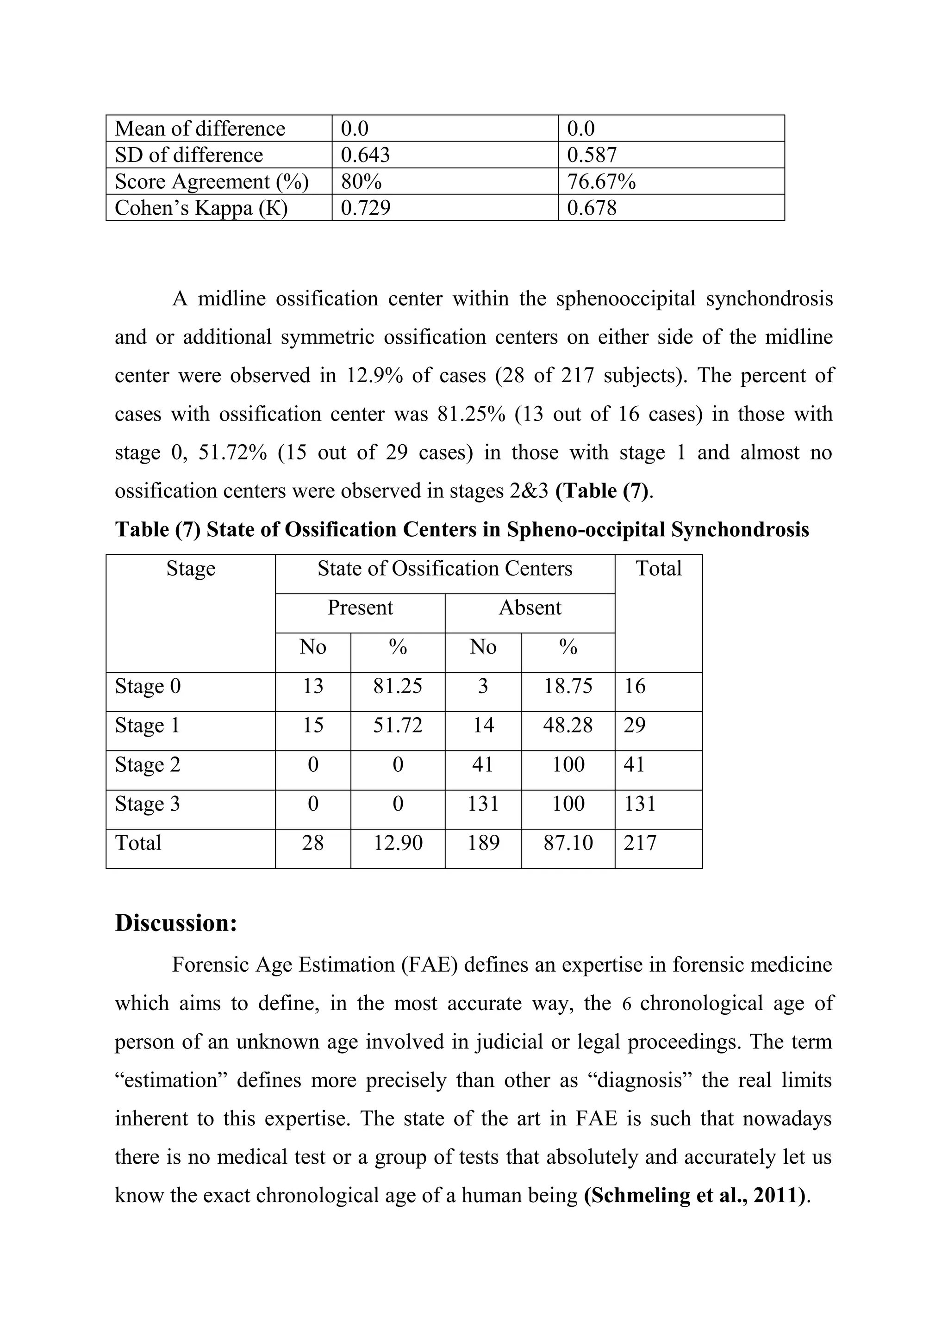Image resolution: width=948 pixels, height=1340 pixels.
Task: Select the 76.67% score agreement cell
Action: (x=601, y=181)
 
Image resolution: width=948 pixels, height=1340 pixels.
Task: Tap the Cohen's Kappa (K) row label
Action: (x=201, y=208)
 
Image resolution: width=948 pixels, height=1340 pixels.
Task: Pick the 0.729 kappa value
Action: (x=365, y=208)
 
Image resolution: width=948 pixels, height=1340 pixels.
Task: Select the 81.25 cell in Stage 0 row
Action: (x=398, y=686)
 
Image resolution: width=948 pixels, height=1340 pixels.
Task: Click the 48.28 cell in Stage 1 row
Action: (x=568, y=725)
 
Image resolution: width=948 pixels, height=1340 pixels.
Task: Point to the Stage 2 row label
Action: (x=148, y=764)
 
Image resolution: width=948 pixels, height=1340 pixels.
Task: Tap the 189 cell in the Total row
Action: (x=483, y=843)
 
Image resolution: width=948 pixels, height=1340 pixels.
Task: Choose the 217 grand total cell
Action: (x=640, y=843)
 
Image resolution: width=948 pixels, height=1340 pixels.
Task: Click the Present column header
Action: (x=360, y=608)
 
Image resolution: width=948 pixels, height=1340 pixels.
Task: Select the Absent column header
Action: (x=530, y=608)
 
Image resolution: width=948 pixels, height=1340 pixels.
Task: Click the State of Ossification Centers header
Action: (x=445, y=569)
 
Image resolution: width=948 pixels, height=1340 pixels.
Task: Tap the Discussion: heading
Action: (x=176, y=923)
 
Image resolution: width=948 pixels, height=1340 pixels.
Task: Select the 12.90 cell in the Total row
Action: (x=398, y=843)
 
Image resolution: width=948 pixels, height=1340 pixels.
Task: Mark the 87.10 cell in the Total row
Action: (x=568, y=843)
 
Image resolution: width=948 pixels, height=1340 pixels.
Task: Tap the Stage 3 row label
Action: (x=148, y=804)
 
